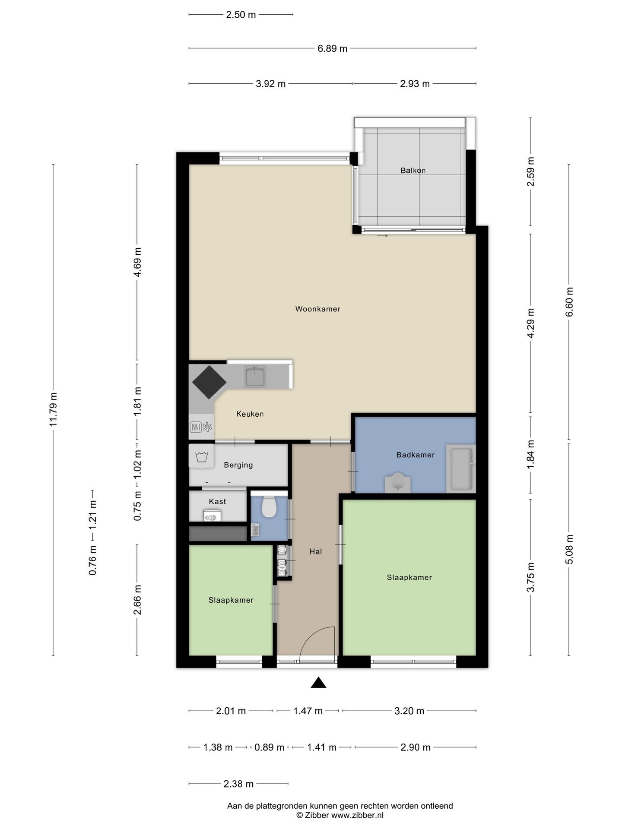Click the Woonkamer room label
coord(317,309)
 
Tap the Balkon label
coord(413,171)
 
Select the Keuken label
coord(250,414)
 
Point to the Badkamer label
coord(416,455)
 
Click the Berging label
coord(238,465)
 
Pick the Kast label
coord(217,501)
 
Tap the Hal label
coord(316,551)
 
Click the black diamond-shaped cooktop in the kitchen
coord(209,382)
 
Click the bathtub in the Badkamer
coord(461,468)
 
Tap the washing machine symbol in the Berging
coord(201,456)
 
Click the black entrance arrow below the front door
coord(318,682)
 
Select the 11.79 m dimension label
coord(53,410)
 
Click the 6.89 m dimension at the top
coord(332,48)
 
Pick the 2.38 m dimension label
coord(238,784)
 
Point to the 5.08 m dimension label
coord(569,549)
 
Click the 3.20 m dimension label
coord(409,711)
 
